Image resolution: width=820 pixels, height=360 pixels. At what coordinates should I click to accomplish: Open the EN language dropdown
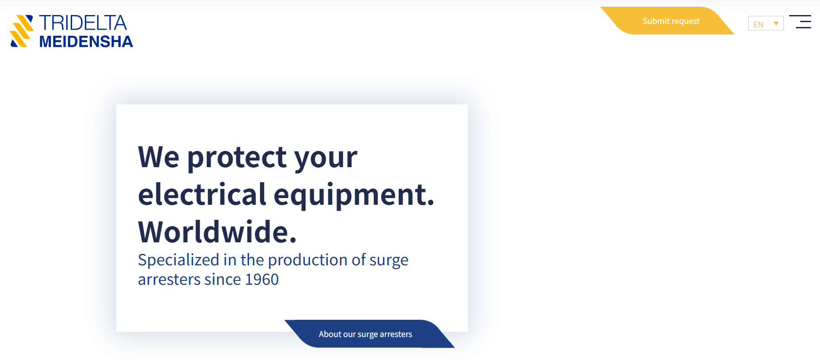766,23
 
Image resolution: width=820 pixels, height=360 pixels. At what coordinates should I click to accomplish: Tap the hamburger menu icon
800,22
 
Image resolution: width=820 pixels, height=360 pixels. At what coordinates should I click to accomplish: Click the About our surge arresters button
369,334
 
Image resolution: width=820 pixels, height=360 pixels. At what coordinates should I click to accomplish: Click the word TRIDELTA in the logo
83,23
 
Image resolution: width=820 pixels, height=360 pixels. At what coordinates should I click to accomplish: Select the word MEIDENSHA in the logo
86,42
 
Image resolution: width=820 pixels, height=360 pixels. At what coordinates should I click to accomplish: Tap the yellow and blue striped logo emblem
22,31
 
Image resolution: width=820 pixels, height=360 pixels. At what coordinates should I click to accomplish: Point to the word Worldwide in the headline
217,232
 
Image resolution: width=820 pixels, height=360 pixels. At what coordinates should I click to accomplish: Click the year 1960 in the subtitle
262,280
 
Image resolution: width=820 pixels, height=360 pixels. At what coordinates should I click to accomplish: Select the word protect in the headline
237,157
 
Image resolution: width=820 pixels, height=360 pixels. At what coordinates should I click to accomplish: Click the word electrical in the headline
202,195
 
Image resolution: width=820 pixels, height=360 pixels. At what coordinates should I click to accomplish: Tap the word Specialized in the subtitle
179,260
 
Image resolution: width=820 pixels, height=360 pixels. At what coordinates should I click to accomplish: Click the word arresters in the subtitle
169,280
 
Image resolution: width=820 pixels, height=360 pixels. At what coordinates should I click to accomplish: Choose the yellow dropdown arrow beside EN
776,24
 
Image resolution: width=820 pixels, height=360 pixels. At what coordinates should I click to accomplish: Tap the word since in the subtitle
223,280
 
